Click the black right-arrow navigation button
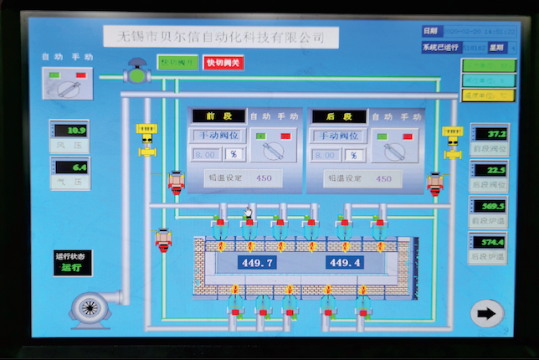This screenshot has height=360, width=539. pos(487,314)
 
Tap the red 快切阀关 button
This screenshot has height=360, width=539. pos(223,63)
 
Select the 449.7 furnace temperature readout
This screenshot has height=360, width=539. pos(257,262)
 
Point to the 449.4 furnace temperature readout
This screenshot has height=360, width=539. pos(345,262)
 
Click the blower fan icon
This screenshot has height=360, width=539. pos(90,308)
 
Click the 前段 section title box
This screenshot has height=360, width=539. pos(218,116)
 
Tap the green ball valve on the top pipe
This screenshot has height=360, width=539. pos(136,74)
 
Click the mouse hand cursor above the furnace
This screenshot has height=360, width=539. pos(248,214)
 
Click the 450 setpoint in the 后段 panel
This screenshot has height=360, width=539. pos(382,178)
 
